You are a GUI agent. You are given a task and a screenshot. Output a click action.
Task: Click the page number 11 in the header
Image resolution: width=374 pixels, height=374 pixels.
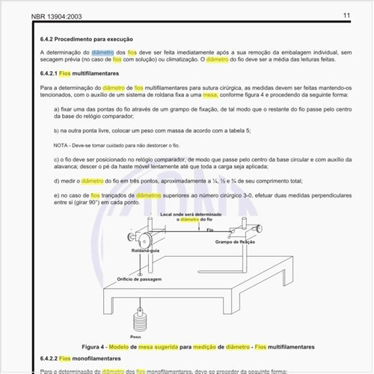click(346, 15)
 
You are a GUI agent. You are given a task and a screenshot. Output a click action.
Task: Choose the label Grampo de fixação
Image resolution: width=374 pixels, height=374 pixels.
click(236, 243)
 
